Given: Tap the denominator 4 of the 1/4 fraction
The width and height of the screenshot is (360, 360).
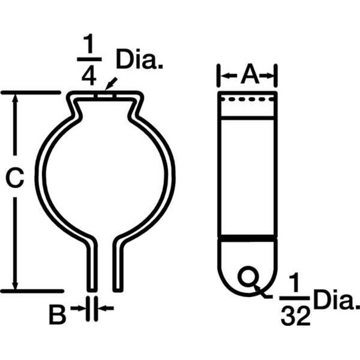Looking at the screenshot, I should click(x=92, y=76).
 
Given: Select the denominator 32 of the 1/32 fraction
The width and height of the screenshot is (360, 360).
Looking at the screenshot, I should click(x=295, y=315).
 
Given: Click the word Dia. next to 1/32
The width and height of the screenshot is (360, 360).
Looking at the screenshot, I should click(x=334, y=301).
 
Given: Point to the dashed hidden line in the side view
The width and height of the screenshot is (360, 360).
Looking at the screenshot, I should click(x=248, y=99).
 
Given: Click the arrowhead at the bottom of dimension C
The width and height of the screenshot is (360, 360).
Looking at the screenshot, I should click(x=17, y=284).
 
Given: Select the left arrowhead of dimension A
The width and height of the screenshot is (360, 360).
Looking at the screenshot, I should click(x=223, y=76).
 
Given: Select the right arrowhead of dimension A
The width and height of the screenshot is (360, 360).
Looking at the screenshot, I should click(x=273, y=76).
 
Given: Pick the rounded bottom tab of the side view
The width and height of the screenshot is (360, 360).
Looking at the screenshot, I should click(x=248, y=268).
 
